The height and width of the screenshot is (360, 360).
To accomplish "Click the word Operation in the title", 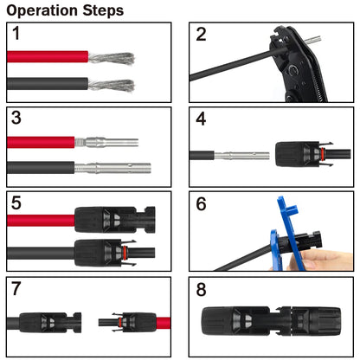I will [45, 11].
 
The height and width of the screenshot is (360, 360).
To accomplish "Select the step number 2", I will [201, 35].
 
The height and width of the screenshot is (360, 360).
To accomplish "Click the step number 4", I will [201, 119].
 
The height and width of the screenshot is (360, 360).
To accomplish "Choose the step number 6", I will [201, 203].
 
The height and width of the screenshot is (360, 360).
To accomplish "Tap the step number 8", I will [201, 288].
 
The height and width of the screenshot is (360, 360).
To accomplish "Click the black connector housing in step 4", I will [299, 155].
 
